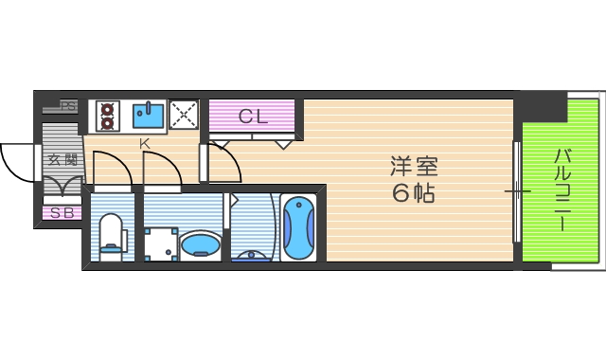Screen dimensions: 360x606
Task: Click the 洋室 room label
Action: click(x=415, y=167)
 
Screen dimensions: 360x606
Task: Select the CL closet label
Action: click(x=253, y=117)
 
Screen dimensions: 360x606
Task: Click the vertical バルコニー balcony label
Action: click(x=561, y=189)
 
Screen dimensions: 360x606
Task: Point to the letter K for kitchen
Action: click(x=145, y=144)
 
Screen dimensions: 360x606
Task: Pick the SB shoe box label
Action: click(x=62, y=213)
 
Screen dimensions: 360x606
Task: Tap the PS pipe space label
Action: click(x=67, y=106)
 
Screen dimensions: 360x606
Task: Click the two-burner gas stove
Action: click(x=107, y=116)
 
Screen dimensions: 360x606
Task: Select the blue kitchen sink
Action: click(x=149, y=116)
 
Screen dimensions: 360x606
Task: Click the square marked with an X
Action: click(x=183, y=115)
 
